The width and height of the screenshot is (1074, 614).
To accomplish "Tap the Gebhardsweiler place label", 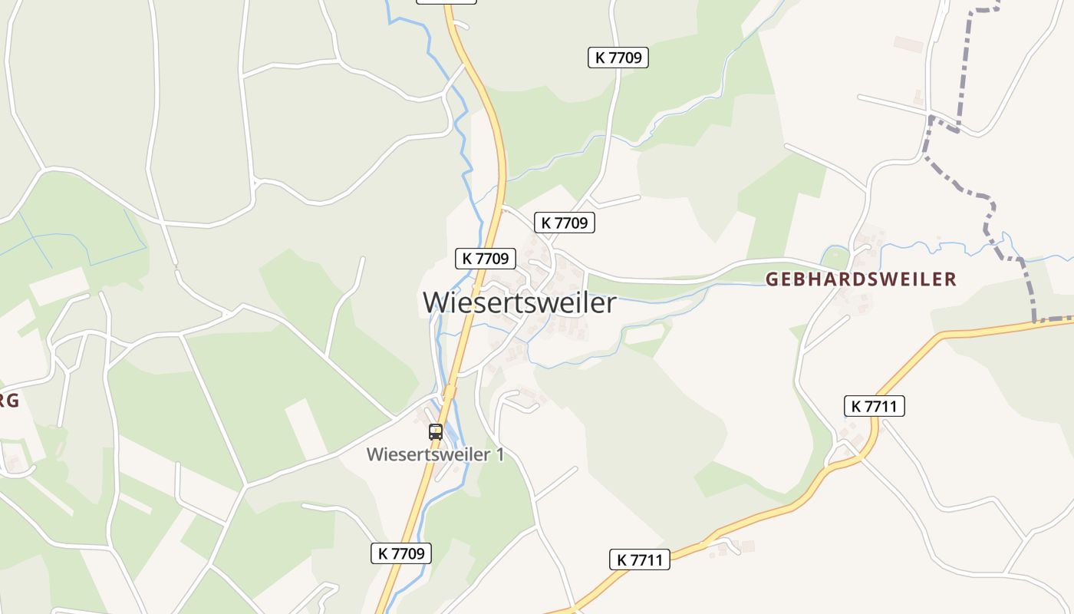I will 861,279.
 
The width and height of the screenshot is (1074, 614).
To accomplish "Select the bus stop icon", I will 436,431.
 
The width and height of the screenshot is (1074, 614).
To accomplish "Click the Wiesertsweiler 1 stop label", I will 435,454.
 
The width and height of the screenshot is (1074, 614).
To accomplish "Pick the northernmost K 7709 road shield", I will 618,57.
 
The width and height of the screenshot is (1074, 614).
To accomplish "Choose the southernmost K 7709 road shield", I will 401,553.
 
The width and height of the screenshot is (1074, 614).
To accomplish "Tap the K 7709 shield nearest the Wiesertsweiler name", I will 486,259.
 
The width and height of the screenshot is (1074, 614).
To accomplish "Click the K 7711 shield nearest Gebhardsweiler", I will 874,406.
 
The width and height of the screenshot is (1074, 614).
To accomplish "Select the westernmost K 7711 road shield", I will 640,560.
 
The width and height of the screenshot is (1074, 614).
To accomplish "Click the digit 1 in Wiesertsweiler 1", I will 500,454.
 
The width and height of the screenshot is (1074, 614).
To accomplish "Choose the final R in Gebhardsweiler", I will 951,279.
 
